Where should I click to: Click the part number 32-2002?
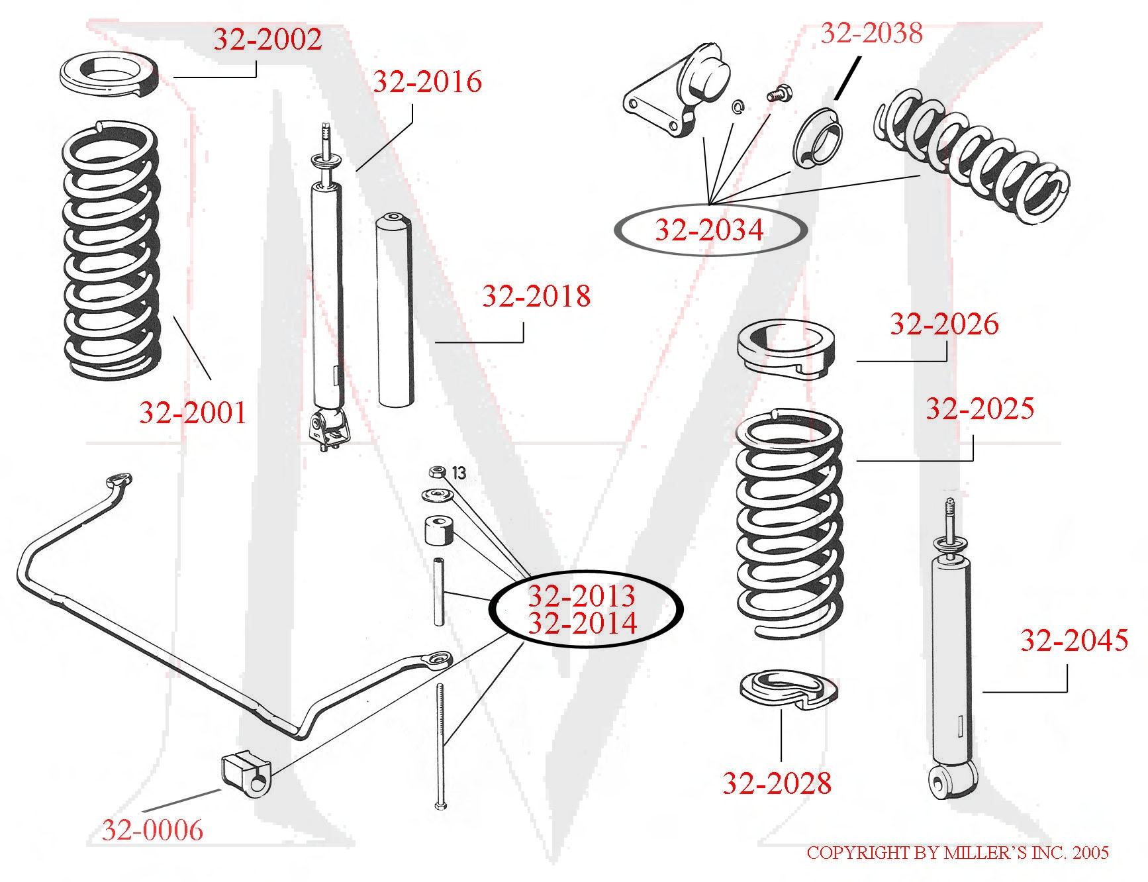[267, 40]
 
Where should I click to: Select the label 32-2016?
[427, 82]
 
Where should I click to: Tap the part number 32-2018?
[536, 296]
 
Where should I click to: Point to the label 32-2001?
[193, 413]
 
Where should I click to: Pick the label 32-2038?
[871, 33]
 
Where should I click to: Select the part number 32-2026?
[943, 324]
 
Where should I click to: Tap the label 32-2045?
[1073, 640]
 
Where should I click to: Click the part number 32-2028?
[776, 783]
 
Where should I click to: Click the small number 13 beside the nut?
[459, 473]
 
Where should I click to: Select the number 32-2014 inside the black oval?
[583, 623]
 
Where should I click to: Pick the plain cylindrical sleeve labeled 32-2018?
[395, 309]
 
